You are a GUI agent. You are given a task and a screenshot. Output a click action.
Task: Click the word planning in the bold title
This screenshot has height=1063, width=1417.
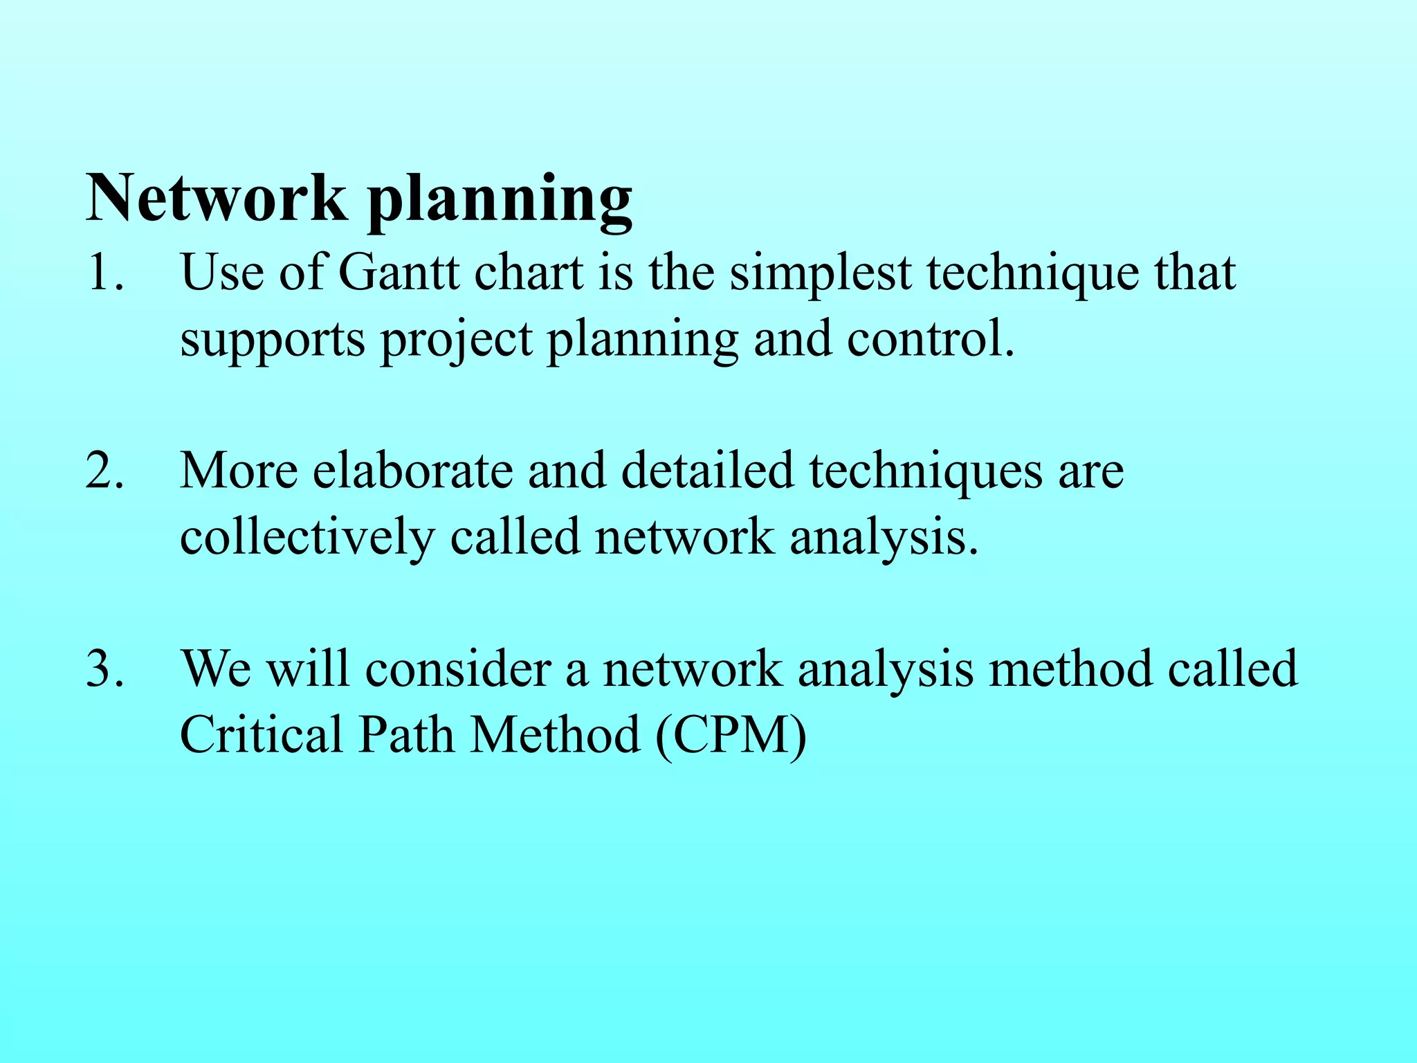[500, 201]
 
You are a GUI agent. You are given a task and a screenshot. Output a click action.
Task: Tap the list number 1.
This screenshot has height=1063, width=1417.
[104, 272]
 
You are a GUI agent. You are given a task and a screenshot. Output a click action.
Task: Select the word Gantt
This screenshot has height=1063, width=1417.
[399, 272]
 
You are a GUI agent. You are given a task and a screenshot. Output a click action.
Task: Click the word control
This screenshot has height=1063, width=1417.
[930, 338]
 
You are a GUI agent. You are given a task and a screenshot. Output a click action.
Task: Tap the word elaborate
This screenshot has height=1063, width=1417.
[412, 471]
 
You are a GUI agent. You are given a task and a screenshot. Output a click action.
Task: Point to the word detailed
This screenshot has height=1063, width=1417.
[707, 471]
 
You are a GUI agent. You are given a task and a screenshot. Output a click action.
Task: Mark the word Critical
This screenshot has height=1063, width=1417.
[262, 734]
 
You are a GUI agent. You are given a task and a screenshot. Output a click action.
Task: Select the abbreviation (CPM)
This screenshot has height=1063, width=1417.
[731, 736]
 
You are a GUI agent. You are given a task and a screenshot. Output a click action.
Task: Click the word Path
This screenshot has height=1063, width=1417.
[406, 734]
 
